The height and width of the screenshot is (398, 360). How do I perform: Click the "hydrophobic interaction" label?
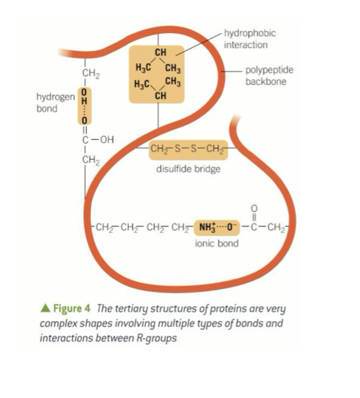pyautogui.click(x=250, y=39)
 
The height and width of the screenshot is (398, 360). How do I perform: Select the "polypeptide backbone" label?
pyautogui.click(x=269, y=76)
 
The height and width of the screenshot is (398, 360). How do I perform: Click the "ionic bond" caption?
pyautogui.click(x=216, y=243)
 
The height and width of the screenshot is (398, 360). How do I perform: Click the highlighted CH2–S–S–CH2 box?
pyautogui.click(x=188, y=149)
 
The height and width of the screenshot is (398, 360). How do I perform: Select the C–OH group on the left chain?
pyautogui.click(x=98, y=140)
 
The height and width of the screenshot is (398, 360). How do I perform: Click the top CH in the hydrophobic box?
pyautogui.click(x=160, y=52)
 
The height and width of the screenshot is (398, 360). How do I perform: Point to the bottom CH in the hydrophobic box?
pyautogui.click(x=160, y=95)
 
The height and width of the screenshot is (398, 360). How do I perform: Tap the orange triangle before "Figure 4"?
pyautogui.click(x=46, y=308)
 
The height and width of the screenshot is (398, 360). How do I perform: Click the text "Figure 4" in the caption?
pyautogui.click(x=72, y=308)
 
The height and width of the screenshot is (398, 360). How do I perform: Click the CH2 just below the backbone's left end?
pyautogui.click(x=91, y=73)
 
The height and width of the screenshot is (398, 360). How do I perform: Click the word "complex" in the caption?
pyautogui.click(x=58, y=323)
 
